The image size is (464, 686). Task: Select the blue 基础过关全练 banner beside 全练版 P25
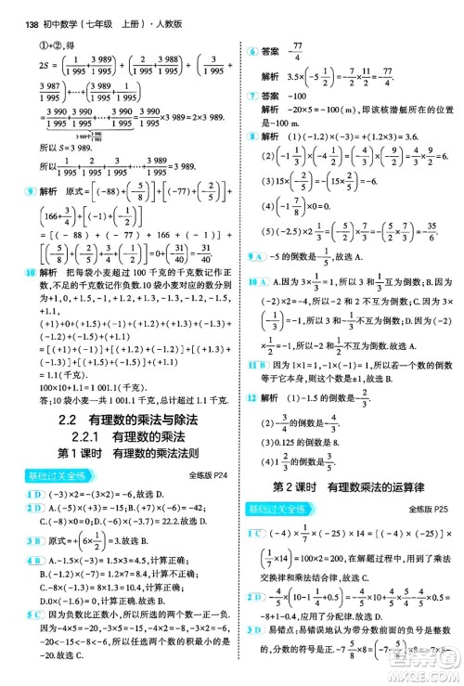coord(281,509)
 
